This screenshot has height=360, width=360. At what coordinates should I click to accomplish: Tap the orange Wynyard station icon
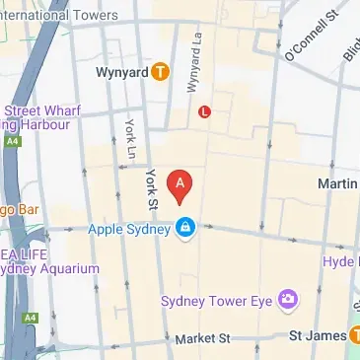(x=160, y=72)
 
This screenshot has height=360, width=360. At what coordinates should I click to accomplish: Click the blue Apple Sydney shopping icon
(x=184, y=229)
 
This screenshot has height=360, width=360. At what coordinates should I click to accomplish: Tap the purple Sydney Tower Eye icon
(x=288, y=298)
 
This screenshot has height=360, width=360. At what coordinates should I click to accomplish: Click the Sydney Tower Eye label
(x=218, y=299)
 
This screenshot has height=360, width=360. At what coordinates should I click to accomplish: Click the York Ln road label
(x=129, y=139)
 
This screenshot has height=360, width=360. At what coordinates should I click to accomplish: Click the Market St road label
(x=201, y=338)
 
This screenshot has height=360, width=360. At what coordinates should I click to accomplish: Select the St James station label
(x=316, y=337)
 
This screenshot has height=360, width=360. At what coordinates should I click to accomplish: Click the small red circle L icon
(x=204, y=111)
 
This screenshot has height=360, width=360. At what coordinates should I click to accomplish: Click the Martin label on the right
(x=337, y=184)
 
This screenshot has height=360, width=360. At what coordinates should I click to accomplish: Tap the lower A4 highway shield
(x=32, y=318)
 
